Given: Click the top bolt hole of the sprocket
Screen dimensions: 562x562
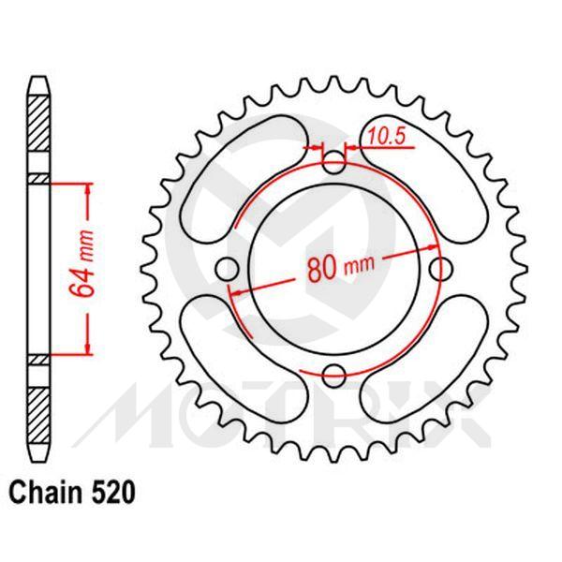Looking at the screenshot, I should click(x=334, y=165).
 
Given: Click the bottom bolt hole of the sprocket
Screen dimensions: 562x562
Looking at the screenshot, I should click(x=334, y=376).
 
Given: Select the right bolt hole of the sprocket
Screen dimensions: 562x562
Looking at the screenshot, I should click(x=439, y=270).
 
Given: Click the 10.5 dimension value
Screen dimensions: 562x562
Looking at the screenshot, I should click(x=385, y=137).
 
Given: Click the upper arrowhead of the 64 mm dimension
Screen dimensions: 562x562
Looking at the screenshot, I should click(x=89, y=190).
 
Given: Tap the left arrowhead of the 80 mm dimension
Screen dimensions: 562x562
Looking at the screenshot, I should click(x=236, y=292).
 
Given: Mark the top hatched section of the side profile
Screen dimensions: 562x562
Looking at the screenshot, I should click(x=37, y=132).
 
